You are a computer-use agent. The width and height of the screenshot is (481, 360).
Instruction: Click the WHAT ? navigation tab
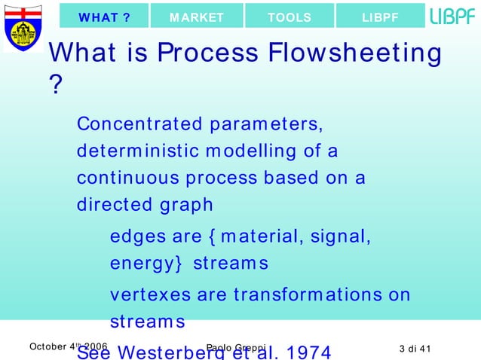(104, 16)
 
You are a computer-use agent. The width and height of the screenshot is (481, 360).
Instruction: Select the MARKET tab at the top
(196, 16)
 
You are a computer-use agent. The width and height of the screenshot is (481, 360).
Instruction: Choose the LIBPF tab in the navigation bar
(380, 16)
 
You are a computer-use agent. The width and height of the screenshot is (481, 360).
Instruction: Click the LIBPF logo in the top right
(452, 16)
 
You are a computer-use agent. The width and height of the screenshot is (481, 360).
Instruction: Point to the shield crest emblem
(22, 28)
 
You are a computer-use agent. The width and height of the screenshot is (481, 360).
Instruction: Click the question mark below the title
(54, 85)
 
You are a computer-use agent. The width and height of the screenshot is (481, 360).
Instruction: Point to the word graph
(185, 206)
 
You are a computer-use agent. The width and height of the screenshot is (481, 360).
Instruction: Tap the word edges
(136, 237)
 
